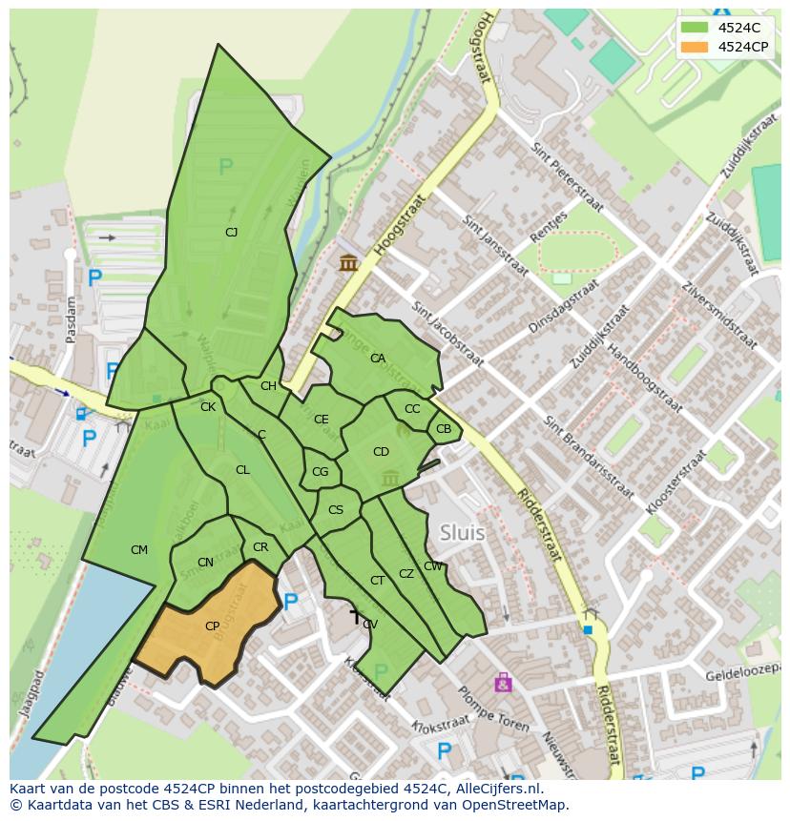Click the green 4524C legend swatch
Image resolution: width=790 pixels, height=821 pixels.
pos(695,28)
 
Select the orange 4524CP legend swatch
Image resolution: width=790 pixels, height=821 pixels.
pos(695,47)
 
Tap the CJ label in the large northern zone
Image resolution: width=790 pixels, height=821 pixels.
pos(231,232)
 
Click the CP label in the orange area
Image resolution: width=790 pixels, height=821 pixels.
pos(212,626)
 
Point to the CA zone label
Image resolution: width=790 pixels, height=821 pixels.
pos(378,359)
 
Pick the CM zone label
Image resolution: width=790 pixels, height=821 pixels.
pos(139,550)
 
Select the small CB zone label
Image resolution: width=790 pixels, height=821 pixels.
pos(444,429)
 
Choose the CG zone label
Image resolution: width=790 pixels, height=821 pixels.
pos(320,472)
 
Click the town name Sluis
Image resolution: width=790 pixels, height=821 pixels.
pos(462,533)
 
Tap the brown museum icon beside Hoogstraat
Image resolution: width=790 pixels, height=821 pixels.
pos(348,262)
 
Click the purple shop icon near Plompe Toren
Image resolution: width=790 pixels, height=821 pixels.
pos(503,683)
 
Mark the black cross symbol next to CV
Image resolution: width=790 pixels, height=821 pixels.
pos(355,618)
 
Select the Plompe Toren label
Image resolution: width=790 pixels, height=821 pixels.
pos(493,708)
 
